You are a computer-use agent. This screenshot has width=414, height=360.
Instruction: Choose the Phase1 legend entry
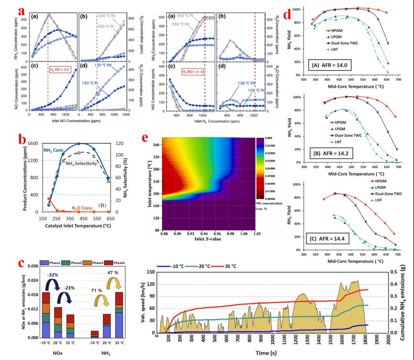coord(43,262)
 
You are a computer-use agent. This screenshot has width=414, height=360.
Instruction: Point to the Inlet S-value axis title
coord(195,242)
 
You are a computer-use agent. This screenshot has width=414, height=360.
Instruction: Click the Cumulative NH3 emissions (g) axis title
coord(404,301)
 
